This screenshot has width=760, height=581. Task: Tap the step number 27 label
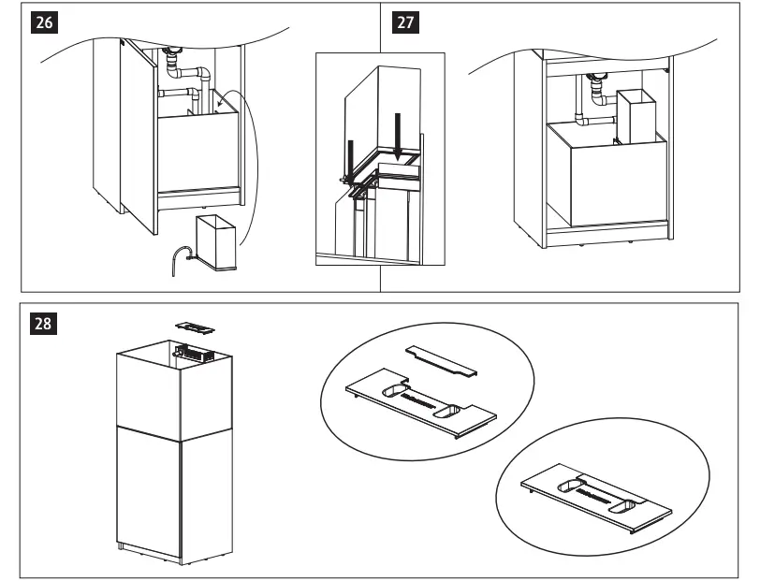[403, 23]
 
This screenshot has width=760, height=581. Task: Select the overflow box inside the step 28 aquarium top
[197, 355]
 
